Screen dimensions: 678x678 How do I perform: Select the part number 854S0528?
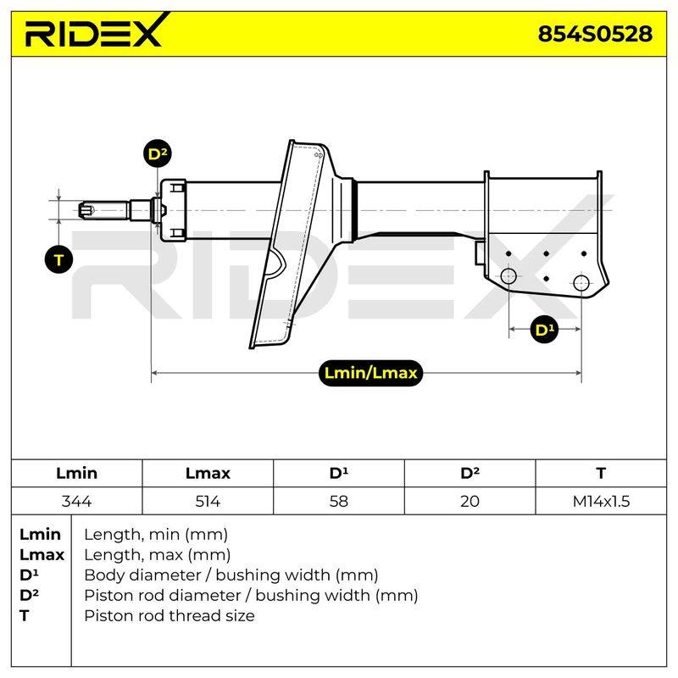(595, 34)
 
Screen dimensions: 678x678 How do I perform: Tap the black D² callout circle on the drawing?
(157, 154)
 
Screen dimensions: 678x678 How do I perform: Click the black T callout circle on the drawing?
(58, 259)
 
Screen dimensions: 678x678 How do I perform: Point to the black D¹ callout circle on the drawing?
(544, 330)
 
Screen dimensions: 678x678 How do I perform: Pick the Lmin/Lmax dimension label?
(370, 373)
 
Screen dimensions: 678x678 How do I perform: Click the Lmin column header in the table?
(76, 473)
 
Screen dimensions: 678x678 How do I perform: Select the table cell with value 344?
(76, 501)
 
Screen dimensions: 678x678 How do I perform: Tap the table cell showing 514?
(208, 501)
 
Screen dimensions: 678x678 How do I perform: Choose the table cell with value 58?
(338, 501)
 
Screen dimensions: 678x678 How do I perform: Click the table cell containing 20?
(470, 501)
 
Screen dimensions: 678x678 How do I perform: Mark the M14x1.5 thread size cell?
(601, 501)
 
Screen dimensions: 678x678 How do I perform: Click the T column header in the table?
(601, 473)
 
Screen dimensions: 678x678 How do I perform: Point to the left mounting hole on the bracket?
(508, 276)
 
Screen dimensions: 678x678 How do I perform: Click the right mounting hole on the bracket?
(581, 283)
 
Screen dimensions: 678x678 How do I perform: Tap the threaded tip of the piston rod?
(86, 210)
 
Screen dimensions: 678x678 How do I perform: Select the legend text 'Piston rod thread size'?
(169, 615)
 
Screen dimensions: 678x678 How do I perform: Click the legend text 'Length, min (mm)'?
(156, 535)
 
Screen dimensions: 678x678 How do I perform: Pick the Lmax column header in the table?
(208, 473)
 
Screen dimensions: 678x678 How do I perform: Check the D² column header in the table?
(470, 473)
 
